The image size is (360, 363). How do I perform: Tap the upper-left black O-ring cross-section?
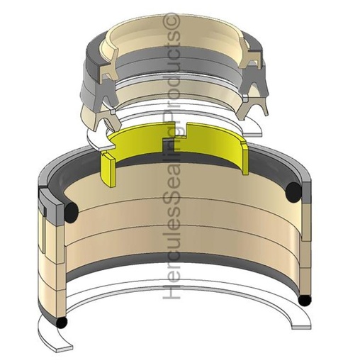tap(71, 212)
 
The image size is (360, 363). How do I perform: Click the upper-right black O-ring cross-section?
tap(293, 191)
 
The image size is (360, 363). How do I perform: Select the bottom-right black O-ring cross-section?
tap(305, 301)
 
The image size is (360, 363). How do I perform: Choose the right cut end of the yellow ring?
tap(242, 160)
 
